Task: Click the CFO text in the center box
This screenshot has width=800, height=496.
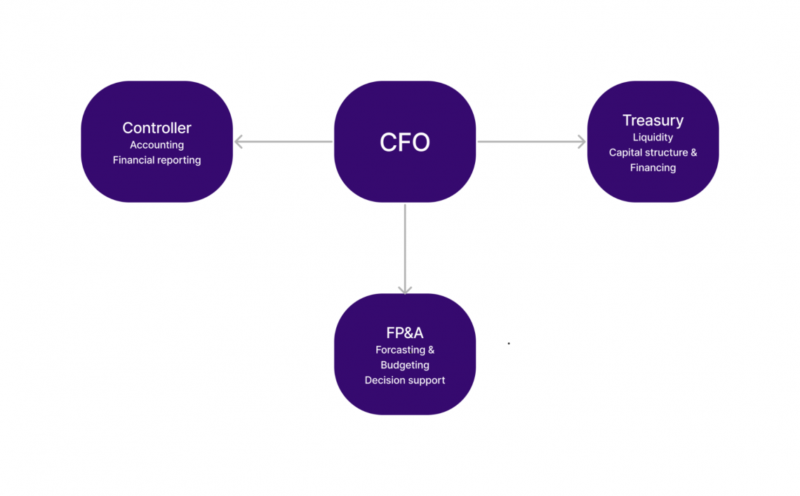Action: point(404,142)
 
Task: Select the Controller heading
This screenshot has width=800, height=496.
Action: point(156,128)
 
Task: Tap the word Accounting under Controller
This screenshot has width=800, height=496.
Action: point(156,145)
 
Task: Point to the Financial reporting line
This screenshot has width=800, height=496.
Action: point(156,160)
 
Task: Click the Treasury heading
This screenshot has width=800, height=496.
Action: point(653,121)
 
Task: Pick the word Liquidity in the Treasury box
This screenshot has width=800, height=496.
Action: point(653,138)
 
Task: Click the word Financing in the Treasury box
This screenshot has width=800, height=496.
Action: point(653,168)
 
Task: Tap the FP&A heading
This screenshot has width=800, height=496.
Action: point(404,333)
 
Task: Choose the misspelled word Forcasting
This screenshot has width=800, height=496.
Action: point(400,349)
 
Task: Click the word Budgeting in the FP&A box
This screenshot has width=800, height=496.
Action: point(404,365)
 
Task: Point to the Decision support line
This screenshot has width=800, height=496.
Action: point(404,380)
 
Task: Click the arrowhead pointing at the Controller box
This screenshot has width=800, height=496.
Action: point(239,142)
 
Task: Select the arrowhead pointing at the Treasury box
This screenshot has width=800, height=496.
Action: point(580,142)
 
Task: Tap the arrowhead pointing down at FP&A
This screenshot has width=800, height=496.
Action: point(405,289)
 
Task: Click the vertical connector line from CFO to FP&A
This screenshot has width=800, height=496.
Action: point(405,246)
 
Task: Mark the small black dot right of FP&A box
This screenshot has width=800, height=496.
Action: point(509,344)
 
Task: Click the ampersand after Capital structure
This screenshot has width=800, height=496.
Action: point(693,152)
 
